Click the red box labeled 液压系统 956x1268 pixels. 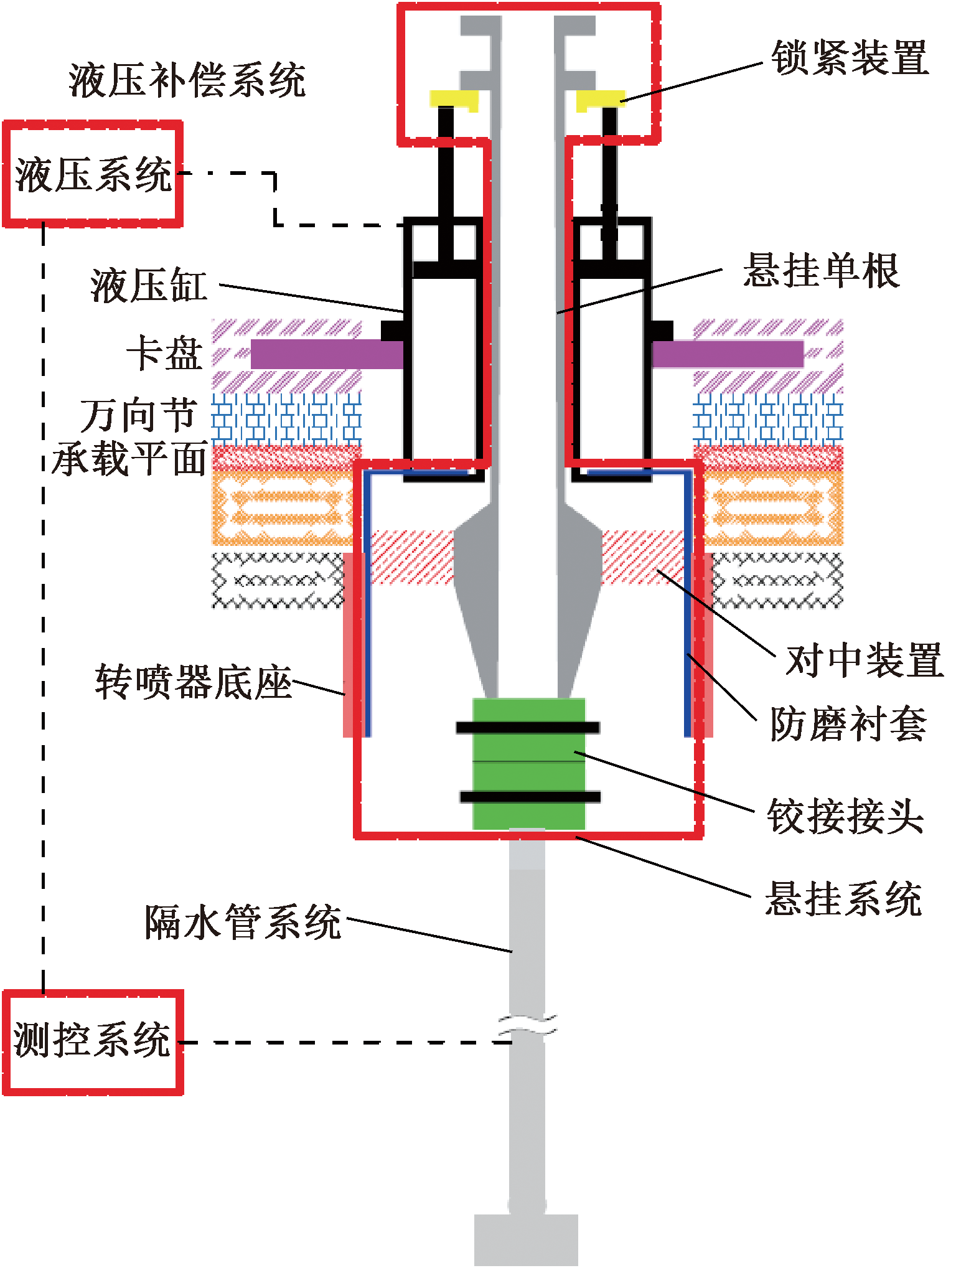point(93,174)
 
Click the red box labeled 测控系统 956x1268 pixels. point(93,1042)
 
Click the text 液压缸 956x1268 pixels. point(149,286)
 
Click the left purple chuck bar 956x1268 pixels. point(327,354)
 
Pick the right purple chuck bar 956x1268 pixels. point(728,354)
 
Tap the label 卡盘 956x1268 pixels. point(165,354)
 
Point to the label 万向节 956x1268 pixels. point(139,415)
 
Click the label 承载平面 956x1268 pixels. point(129,459)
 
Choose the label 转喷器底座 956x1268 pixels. point(194,682)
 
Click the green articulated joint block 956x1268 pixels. point(528,763)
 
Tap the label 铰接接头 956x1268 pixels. point(845,816)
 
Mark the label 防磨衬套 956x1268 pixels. point(848,724)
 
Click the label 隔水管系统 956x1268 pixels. point(243,921)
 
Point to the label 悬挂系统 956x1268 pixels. point(843,898)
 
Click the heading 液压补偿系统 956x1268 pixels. point(187,80)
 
